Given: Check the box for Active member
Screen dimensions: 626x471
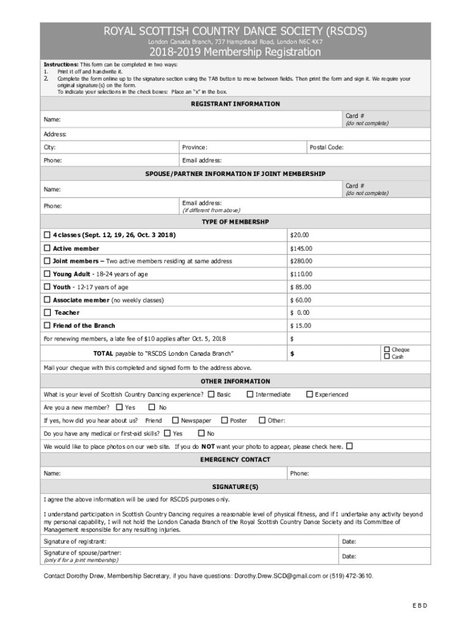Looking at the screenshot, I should (47, 249).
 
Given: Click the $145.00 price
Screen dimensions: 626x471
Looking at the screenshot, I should (301, 249).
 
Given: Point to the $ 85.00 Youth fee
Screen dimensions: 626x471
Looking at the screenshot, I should (300, 287).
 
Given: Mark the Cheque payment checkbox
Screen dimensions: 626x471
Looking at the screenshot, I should (386, 350).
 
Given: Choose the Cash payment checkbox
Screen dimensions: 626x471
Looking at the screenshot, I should (386, 357).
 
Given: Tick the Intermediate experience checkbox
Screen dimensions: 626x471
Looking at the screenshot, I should (250, 394).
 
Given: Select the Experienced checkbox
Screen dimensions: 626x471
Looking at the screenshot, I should (310, 394).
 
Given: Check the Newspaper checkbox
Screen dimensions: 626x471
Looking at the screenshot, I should (176, 420).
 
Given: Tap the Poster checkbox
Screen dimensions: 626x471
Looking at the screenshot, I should (224, 420).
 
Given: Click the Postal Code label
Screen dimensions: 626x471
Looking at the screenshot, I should (327, 147).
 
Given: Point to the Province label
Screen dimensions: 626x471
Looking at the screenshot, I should (195, 147).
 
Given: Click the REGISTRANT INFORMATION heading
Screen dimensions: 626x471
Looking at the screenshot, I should (236, 104).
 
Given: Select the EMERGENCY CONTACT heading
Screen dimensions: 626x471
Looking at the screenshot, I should (236, 460).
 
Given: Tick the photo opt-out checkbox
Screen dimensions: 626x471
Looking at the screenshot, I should (350, 446).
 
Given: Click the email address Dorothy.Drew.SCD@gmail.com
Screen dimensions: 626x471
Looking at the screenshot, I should (276, 576).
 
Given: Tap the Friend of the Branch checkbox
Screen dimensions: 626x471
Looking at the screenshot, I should (47, 326).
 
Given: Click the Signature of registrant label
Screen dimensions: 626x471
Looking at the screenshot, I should (75, 542).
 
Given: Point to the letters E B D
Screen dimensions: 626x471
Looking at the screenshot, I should (419, 606).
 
